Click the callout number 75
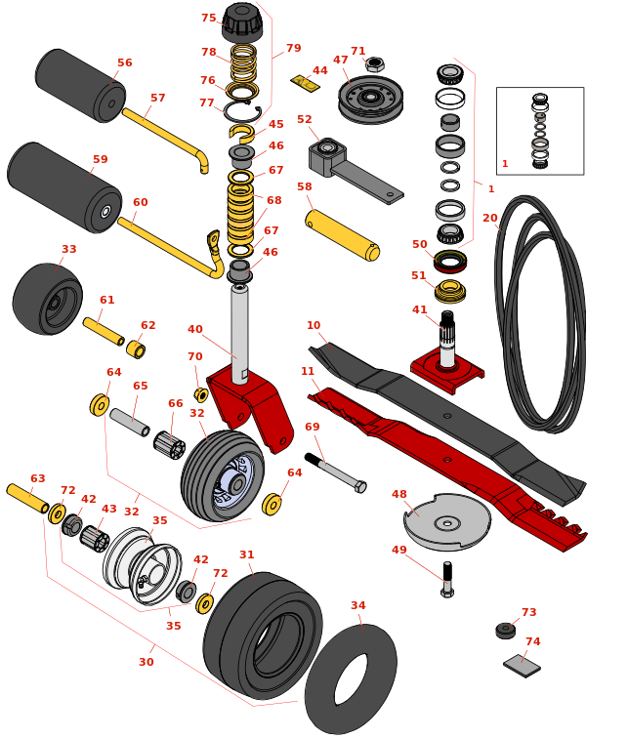(209, 18)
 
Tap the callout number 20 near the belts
(489, 218)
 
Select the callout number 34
(358, 605)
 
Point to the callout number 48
(399, 494)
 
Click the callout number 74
(532, 642)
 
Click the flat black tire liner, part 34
(351, 679)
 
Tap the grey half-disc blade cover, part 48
(447, 521)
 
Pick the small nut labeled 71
(374, 64)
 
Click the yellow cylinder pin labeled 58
(341, 234)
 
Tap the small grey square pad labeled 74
(522, 666)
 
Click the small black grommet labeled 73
(506, 630)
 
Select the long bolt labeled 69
(335, 471)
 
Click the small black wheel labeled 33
(47, 299)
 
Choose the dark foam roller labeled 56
(80, 85)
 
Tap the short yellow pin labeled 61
(103, 331)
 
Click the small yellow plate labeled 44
(306, 83)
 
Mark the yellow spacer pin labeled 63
(27, 498)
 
